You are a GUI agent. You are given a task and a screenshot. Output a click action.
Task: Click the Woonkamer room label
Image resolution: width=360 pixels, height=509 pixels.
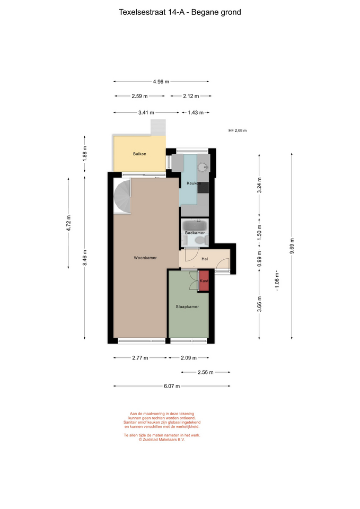tap(145, 258)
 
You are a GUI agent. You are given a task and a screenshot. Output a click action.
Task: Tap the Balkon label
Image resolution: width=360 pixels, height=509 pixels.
tap(139, 154)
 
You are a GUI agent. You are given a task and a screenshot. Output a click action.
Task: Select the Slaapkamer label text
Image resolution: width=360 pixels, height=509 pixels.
tap(187, 306)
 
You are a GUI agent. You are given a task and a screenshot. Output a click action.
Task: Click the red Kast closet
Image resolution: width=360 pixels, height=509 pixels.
tap(204, 281)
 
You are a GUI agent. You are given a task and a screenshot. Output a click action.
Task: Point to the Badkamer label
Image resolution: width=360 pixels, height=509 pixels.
tap(195, 233)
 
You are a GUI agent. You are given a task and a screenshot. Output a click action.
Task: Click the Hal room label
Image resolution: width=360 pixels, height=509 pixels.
tap(205, 259)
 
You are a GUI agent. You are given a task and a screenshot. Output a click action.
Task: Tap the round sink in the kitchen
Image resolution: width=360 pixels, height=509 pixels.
tap(203, 167)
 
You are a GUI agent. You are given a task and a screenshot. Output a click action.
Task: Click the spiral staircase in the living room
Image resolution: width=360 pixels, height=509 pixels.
tap(122, 196)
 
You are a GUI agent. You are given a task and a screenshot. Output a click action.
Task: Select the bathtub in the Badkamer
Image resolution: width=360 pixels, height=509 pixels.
tap(195, 225)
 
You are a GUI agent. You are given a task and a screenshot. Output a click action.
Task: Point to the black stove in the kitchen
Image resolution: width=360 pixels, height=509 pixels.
tap(203, 188)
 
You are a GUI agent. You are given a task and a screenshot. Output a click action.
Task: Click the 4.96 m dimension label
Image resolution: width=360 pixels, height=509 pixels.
tap(161, 82)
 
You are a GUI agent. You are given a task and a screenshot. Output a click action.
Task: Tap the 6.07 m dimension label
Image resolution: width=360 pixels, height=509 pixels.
tap(172, 387)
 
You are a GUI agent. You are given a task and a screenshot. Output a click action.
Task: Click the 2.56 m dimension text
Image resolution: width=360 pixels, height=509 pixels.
tap(206, 372)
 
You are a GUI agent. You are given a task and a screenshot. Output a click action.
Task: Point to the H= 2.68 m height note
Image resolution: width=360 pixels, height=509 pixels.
tap(238, 130)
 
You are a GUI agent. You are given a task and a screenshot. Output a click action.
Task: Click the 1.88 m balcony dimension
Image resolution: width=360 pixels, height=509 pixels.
tap(85, 154)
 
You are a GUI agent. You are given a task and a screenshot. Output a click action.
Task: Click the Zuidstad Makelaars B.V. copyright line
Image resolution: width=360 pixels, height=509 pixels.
tap(162, 440)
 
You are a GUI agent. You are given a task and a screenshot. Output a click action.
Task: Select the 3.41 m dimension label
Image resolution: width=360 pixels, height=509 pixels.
tap(146, 112)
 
